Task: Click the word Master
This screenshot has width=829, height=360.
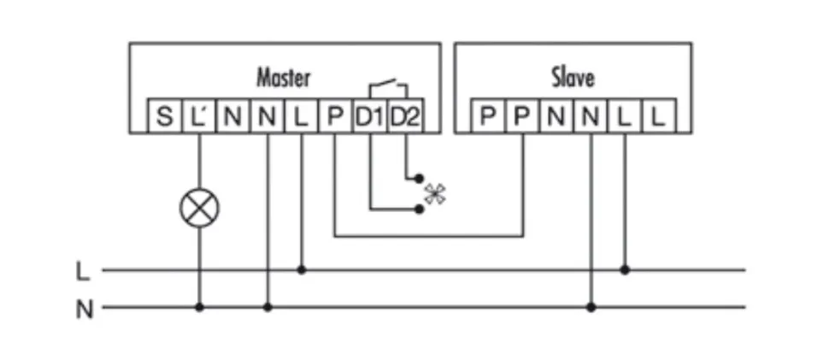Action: [x=284, y=78]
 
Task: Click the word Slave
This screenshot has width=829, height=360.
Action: [x=573, y=78]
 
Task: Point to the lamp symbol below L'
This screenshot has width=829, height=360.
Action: [x=199, y=208]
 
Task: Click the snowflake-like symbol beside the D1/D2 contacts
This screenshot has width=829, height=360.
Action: [x=435, y=194]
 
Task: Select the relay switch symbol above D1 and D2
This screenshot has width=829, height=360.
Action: [x=387, y=86]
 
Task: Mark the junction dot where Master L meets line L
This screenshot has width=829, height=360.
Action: [x=301, y=270]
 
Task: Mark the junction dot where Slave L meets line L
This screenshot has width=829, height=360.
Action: [x=625, y=270]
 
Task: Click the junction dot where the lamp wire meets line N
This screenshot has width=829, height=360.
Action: [x=199, y=307]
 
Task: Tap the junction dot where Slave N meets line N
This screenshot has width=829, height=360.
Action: [x=591, y=307]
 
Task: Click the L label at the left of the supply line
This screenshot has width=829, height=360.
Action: [x=82, y=272]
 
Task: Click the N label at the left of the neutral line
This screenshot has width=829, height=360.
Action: [x=83, y=309]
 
